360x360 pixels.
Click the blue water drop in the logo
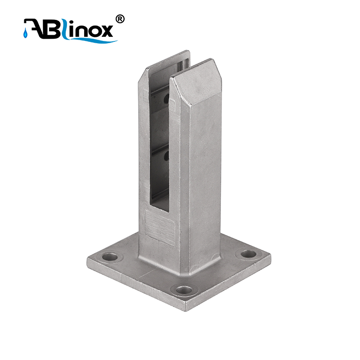pyautogui.click(x=25, y=34)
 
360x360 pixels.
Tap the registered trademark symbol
pyautogui.click(x=120, y=19)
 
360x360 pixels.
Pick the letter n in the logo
pyautogui.click(x=75, y=31)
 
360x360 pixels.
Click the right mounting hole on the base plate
pyautogui.click(x=248, y=254)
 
